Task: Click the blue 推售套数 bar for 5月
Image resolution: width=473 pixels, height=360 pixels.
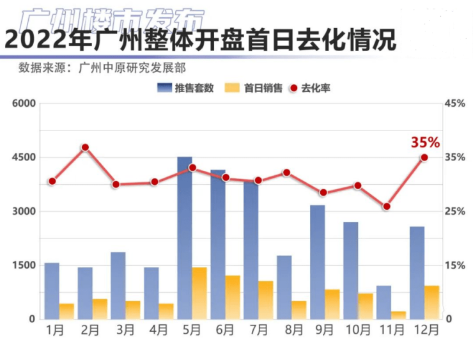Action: coord(185,237)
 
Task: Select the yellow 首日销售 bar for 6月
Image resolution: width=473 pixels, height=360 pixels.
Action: coord(233,297)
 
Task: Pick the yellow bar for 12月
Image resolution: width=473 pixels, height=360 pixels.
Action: coord(432,302)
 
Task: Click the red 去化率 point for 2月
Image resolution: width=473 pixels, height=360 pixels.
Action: coord(85,148)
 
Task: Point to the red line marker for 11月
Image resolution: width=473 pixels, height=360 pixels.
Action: coord(387,207)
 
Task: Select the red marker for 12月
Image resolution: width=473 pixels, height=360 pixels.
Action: coord(424,157)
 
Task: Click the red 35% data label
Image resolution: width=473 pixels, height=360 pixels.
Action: coord(425,142)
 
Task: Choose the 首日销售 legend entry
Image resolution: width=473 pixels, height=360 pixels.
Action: coord(255,88)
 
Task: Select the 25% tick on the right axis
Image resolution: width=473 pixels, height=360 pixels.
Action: coord(456,212)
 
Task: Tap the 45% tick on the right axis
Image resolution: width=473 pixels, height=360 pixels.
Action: coord(456,104)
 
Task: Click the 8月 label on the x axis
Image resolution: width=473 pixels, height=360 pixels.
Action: coord(291,330)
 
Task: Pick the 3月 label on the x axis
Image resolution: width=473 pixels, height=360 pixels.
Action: coord(125,330)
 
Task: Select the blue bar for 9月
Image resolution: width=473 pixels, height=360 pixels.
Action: coord(318,262)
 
